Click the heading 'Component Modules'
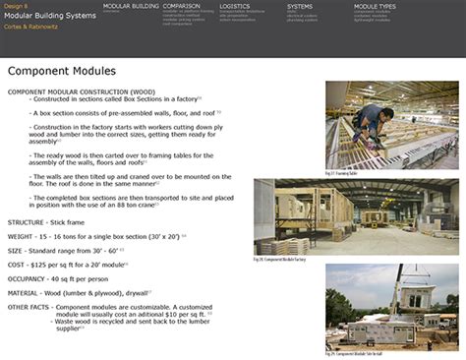tap(62, 71)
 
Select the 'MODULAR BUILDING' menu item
tap(131, 6)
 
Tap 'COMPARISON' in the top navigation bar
tap(182, 6)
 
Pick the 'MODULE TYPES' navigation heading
tap(376, 6)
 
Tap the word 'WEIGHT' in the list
tap(23, 237)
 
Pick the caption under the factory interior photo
tap(364, 259)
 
